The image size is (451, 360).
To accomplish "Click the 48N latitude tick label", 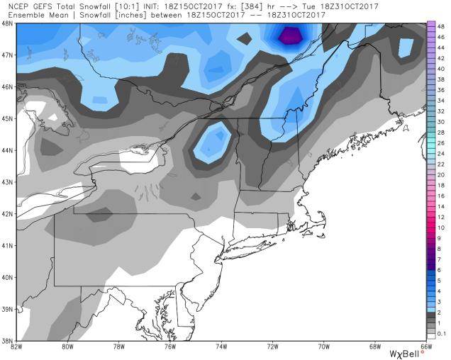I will (7, 23).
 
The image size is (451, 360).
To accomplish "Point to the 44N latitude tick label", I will (7, 150).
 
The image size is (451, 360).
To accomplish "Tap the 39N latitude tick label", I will (7, 309).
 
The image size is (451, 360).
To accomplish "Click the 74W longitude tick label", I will (221, 347).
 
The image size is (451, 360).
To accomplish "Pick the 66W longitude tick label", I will (426, 347).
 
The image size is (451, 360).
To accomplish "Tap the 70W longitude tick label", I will (324, 347).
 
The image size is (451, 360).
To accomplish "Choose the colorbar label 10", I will (440, 227).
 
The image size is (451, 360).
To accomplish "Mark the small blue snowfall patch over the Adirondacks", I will (212, 142).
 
